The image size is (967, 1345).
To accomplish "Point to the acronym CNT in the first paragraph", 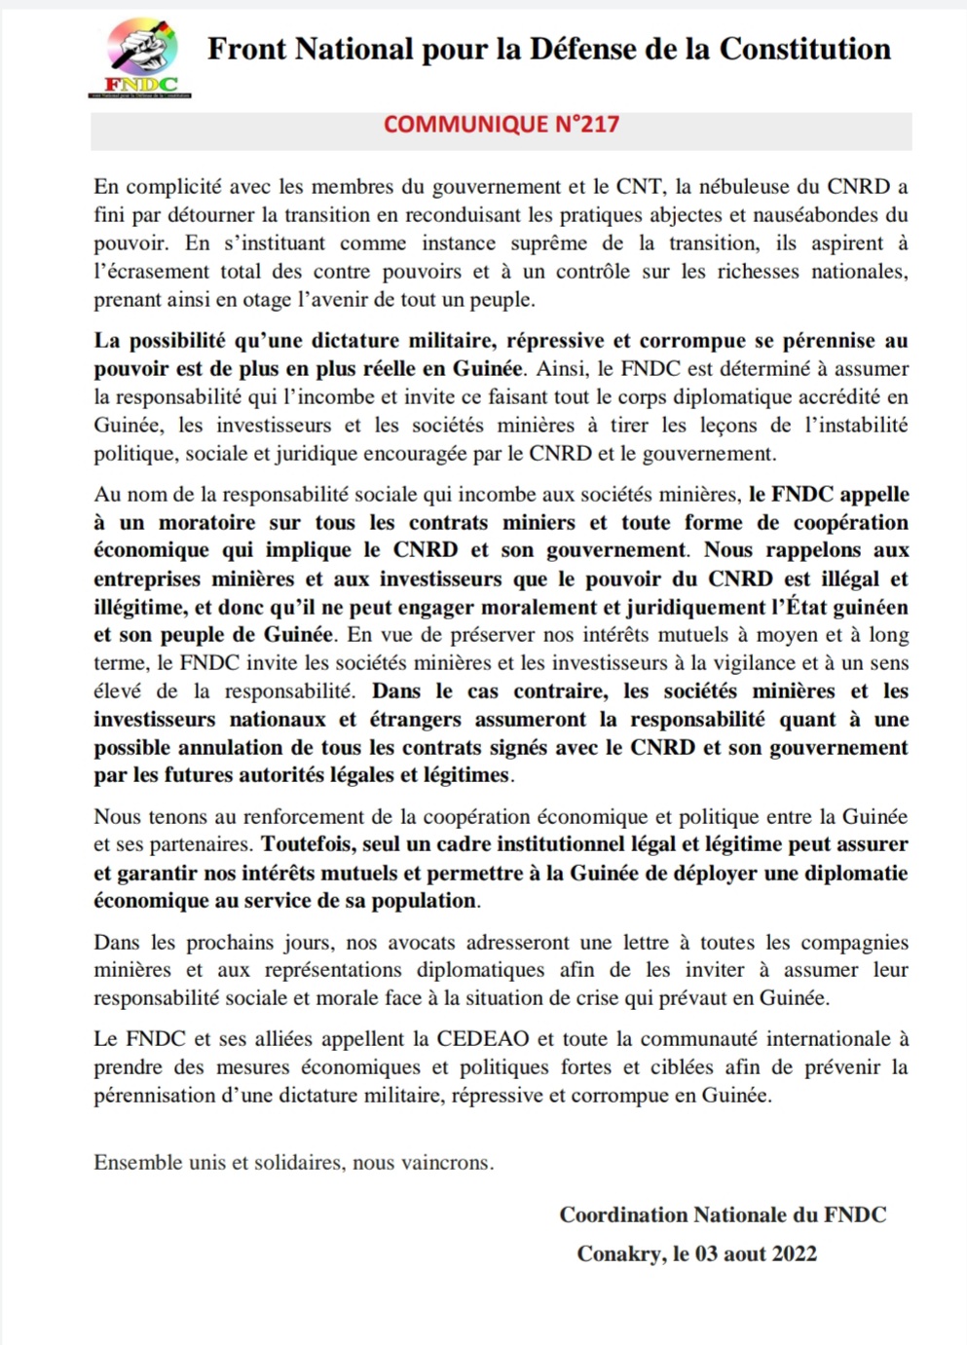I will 639,186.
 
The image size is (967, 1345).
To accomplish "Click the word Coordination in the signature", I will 623,1214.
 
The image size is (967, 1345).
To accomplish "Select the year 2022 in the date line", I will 794,1253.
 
